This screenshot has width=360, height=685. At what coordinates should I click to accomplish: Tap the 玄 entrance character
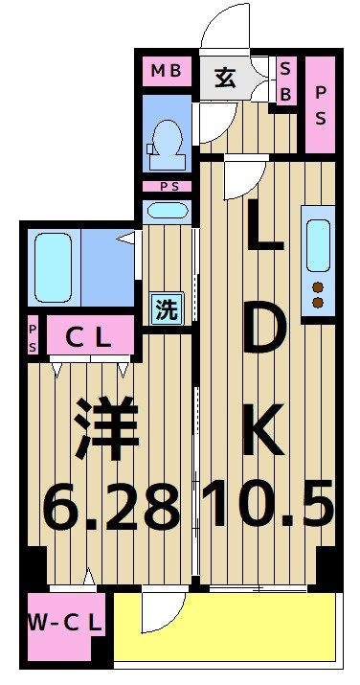225,78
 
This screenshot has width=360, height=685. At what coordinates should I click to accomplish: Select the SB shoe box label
285,80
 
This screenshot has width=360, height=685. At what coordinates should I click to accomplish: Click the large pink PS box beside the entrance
321,105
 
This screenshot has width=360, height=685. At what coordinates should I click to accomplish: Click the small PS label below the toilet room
168,186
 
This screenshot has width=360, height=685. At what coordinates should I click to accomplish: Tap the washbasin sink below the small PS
168,212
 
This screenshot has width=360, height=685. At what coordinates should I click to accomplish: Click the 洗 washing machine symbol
167,309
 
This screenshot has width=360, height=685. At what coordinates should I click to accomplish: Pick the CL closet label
87,337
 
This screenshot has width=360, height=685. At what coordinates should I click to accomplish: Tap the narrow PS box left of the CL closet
32,337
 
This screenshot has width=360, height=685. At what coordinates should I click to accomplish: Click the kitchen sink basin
318,245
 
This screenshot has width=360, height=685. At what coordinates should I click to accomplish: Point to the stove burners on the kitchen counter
318,294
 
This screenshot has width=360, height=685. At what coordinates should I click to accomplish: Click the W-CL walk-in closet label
64,624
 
